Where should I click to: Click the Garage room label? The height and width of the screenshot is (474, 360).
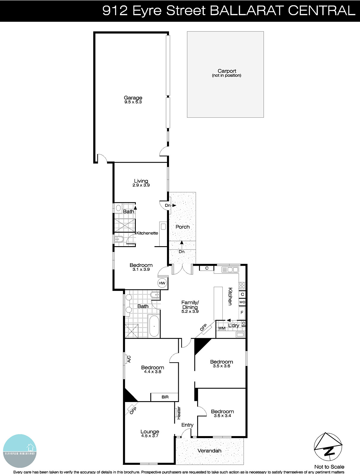pos(133,98)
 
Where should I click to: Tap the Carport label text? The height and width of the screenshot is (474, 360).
pos(227,71)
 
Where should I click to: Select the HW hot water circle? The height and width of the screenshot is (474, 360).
pos(162,283)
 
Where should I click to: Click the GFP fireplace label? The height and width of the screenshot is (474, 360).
pos(203,328)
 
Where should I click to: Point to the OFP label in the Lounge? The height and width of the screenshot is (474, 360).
pos(133,410)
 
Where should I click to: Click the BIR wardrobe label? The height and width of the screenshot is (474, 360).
pos(165,397)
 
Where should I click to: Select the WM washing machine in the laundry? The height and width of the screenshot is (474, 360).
pos(222,328)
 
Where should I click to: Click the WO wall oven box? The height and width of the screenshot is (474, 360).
pos(242,302)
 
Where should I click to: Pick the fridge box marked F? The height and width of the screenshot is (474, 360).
pos(242,313)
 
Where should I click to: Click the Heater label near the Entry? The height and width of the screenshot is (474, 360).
pos(179,413)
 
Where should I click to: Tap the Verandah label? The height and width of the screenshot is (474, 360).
pos(209,451)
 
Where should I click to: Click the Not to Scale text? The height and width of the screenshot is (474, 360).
pos(329,467)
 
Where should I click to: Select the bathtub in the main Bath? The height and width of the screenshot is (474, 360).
pos(154,326)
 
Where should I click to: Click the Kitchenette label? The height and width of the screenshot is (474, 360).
pos(147,233)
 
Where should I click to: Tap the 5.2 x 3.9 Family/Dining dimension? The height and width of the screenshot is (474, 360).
pos(190,311)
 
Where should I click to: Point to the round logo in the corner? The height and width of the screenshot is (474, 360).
pos(20,451)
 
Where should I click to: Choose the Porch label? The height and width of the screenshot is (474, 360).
pos(182,227)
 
